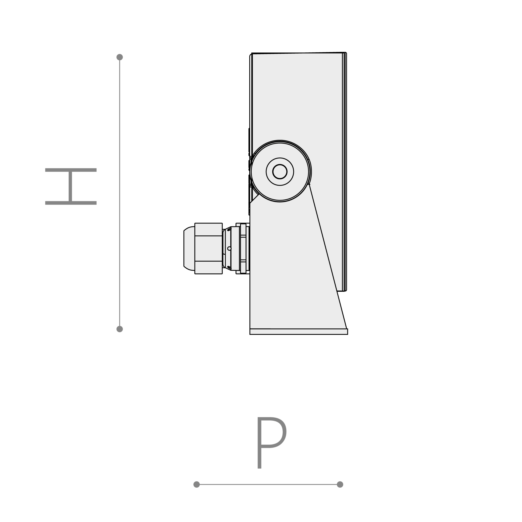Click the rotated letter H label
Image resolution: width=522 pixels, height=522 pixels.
[71, 186]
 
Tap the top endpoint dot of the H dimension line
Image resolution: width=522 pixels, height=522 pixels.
[120, 57]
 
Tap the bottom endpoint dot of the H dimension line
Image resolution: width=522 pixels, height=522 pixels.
[120, 329]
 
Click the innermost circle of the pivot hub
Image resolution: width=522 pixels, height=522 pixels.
[280, 171]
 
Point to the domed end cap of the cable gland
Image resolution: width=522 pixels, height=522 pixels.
[189, 249]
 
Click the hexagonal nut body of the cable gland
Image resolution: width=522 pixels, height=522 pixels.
[209, 249]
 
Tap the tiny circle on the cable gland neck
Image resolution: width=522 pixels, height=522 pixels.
[229, 249]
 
